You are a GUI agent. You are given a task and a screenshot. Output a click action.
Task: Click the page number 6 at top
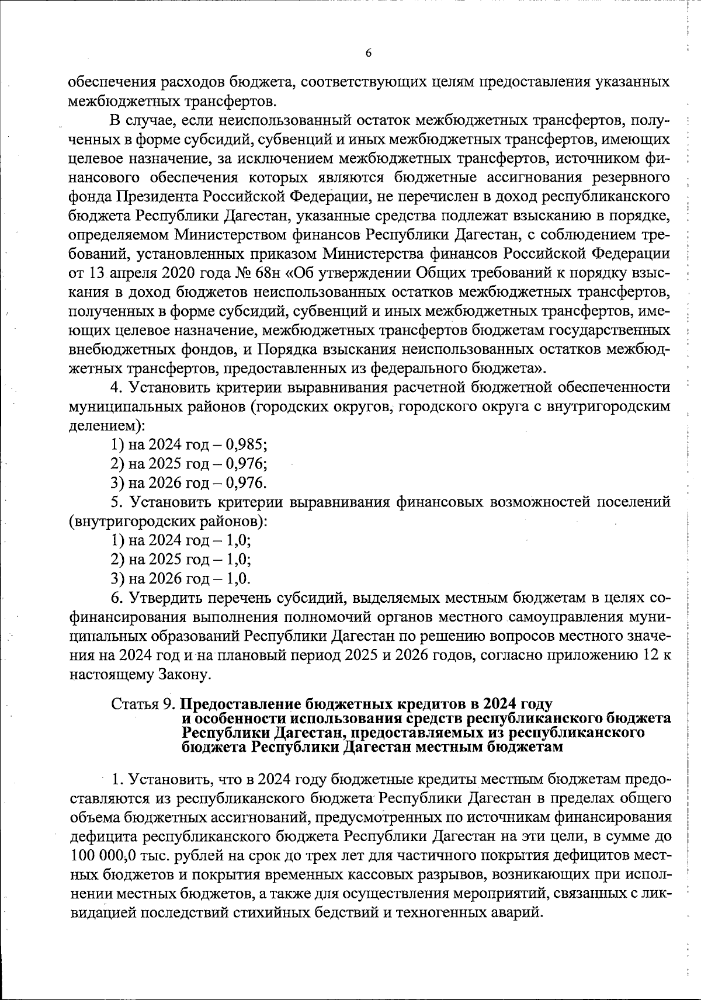pos(367,53)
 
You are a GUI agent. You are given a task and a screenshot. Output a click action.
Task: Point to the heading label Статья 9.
pos(143,704)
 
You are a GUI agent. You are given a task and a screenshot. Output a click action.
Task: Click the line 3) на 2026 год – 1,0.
pos(181,579)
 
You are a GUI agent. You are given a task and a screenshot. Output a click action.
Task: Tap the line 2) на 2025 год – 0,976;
pos(189,464)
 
